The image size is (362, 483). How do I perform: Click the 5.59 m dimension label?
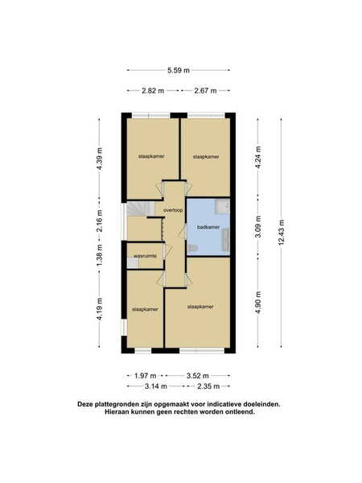179,70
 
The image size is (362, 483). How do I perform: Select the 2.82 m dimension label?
153,90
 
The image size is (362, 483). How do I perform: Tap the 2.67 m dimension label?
205,90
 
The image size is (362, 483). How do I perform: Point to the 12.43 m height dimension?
281,233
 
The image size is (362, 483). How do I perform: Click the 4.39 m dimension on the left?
99,159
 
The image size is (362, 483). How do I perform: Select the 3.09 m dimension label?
258,226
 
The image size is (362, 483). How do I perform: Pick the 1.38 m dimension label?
99,256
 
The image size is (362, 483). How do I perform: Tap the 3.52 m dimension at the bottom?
198,375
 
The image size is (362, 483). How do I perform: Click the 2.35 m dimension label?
208,386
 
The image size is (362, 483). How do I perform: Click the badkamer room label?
208,227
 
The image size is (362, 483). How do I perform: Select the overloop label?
173,210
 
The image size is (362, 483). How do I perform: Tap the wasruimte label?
145,256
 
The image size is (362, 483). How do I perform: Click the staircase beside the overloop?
141,209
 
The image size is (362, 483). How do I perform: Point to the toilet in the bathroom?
191,247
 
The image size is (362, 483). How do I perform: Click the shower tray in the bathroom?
222,206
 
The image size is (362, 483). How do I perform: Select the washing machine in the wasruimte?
133,262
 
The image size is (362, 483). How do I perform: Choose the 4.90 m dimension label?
258,302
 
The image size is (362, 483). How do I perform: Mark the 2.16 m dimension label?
99,221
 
